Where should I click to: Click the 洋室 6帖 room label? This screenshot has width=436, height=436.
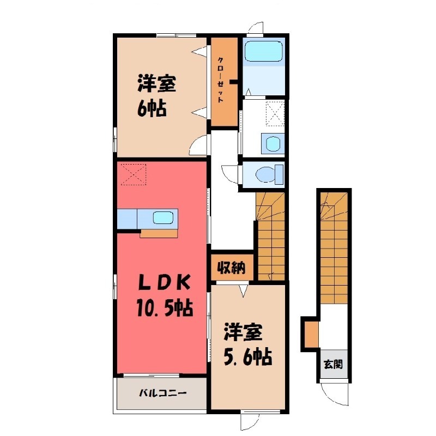click(155, 96)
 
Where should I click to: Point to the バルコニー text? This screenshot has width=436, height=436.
click(162, 392)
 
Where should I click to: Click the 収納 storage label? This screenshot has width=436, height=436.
click(231, 268)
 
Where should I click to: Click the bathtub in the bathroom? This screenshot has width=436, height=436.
click(263, 52)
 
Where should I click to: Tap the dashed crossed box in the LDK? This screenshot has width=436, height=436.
click(134, 174)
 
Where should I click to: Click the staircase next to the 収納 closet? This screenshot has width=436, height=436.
click(270, 235)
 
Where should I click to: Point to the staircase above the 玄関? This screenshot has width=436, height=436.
click(334, 245)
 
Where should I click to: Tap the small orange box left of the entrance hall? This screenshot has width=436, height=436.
click(311, 334)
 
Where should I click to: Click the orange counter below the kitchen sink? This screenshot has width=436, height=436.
click(159, 233)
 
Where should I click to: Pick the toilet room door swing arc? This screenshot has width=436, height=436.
click(230, 175)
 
